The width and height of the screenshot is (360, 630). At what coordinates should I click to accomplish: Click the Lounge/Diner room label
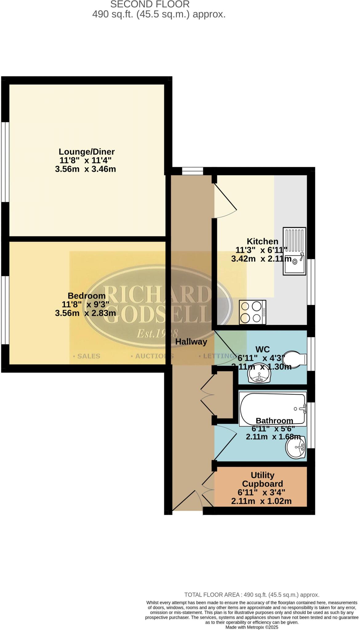tap(86, 152)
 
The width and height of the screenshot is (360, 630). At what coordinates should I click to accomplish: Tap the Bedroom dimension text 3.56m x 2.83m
tap(85, 313)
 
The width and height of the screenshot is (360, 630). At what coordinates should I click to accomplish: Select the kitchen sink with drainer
tap(294, 251)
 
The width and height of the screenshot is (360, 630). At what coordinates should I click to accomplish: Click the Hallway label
tap(191, 341)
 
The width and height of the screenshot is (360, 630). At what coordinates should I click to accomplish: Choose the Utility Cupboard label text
tap(262, 479)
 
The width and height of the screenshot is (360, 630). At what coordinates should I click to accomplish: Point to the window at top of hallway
tap(192, 171)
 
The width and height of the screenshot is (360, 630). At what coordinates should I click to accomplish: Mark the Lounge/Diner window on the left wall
tap(5, 162)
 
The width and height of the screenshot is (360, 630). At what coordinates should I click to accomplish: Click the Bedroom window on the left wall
tap(5, 310)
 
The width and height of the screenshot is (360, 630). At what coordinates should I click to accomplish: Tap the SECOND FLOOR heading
tap(150, 4)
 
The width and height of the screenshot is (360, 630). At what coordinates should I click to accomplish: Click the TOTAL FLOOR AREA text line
tap(251, 595)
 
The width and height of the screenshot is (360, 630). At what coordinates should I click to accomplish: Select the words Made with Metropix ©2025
tap(252, 627)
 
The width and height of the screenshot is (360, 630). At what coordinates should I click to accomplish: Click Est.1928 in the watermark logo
tap(157, 333)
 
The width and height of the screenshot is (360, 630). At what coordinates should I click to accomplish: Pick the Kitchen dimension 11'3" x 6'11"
tap(261, 250)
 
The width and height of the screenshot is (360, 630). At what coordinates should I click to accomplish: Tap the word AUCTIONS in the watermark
tap(152, 356)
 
